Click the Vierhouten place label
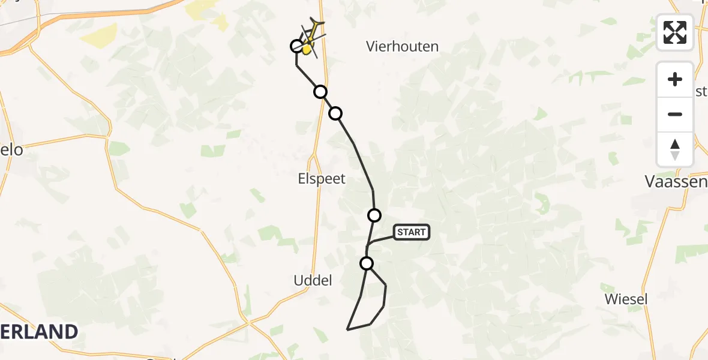click(403, 46)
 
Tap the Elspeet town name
click(322, 178)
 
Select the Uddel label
click(313, 280)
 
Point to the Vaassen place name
click(676, 181)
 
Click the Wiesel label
click(626, 299)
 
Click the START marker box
click(412, 232)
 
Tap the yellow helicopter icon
click(309, 41)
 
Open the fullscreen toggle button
click(675, 32)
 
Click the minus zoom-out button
click(675, 115)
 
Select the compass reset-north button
click(675, 149)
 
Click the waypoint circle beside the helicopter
click(296, 46)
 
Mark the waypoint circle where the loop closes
click(367, 263)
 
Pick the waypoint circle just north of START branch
click(374, 215)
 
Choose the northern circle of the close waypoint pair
click(320, 91)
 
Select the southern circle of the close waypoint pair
click(335, 113)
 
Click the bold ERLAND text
click(39, 332)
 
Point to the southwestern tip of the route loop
click(347, 329)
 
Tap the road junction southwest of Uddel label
click(248, 323)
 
